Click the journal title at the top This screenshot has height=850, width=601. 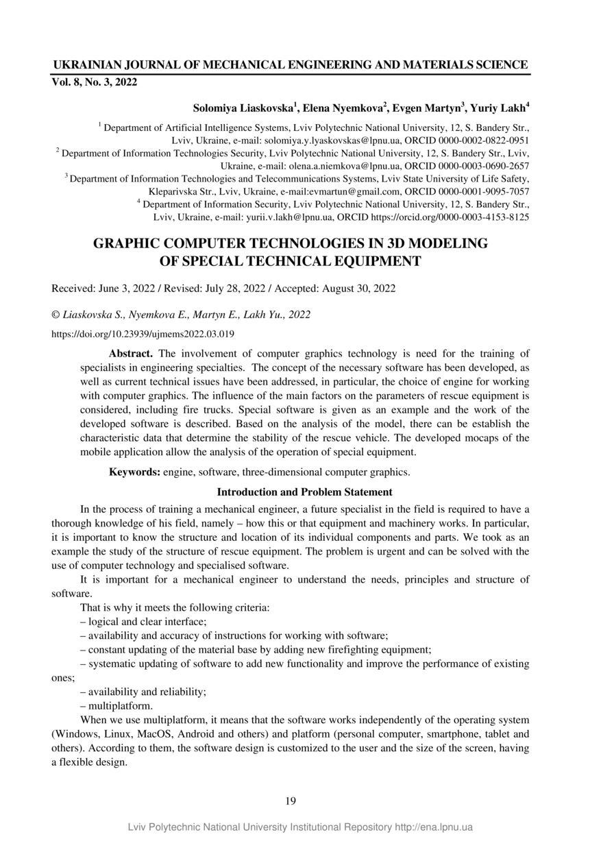click(x=291, y=65)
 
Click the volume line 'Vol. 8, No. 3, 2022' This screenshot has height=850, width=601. click(x=95, y=82)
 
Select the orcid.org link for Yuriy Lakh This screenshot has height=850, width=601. click(x=450, y=217)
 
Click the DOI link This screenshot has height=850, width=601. click(x=143, y=335)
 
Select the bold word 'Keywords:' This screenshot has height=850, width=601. click(x=135, y=472)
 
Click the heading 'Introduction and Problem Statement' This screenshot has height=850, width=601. click(x=304, y=492)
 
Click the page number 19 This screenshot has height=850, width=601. click(x=291, y=801)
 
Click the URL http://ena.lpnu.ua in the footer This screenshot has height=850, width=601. click(x=434, y=827)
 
